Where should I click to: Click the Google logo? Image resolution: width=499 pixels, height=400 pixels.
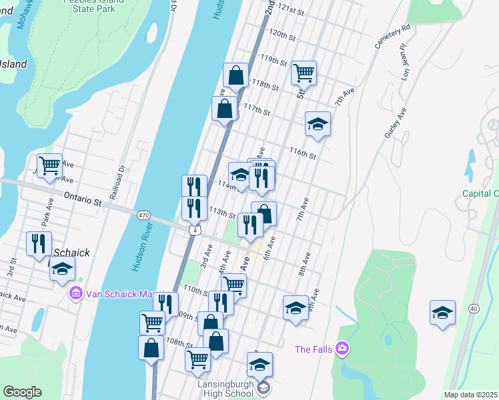[x=22, y=392]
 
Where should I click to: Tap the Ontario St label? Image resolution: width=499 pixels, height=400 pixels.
[x=81, y=197]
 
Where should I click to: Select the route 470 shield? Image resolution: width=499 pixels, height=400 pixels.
[x=143, y=216]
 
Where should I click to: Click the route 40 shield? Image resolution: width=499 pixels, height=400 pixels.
[x=473, y=308]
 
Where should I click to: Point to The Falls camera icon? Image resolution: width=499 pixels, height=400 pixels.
[x=342, y=348]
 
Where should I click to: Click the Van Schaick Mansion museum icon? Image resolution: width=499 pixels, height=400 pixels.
[x=74, y=293]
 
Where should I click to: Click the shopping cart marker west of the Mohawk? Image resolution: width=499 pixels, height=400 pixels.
[x=49, y=165]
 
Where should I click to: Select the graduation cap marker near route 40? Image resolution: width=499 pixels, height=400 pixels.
[x=442, y=312]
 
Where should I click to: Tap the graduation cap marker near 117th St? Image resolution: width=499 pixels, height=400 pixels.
[x=318, y=123]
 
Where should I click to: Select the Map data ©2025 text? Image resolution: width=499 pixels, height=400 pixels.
[x=471, y=395]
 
